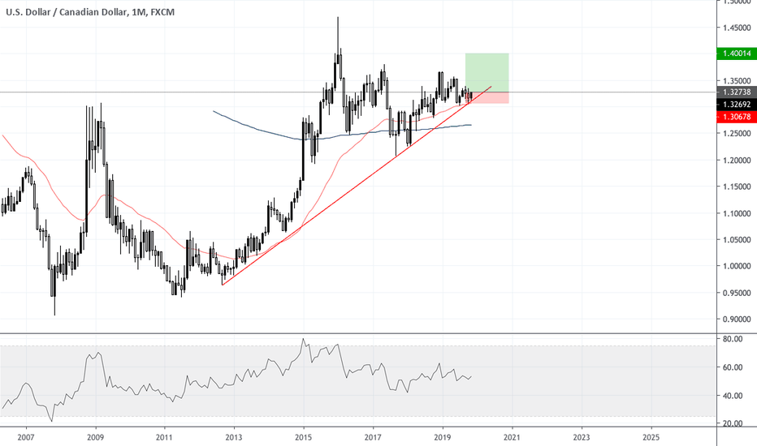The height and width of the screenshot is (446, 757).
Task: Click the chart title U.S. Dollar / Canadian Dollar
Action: (x=64, y=11)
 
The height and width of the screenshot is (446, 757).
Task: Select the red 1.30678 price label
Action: (x=734, y=116)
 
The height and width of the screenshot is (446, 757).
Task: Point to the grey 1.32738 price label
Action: (x=734, y=92)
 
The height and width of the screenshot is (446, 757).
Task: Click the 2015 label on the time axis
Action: (x=303, y=436)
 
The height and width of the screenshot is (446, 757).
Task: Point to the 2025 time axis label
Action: (x=651, y=436)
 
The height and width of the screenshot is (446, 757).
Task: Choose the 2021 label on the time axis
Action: (x=512, y=436)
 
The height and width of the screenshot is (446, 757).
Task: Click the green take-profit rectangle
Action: (x=487, y=72)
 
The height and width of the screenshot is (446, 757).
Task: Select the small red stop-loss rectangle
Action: (x=487, y=97)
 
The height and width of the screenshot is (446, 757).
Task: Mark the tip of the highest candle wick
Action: (x=338, y=18)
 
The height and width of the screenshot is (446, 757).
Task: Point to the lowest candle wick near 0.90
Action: (x=54, y=315)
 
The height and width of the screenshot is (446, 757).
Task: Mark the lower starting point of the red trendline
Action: (x=222, y=284)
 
